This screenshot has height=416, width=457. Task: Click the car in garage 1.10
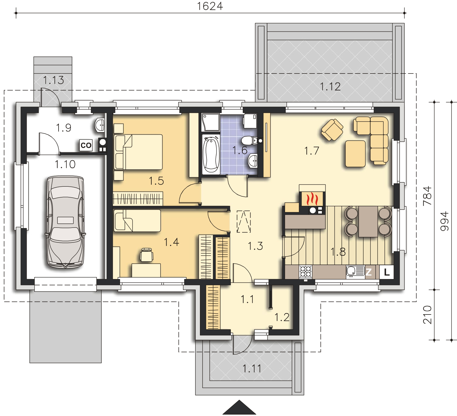(x=65, y=222)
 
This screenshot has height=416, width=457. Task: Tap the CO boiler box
(x=86, y=146)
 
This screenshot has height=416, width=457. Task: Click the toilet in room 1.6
(x=248, y=141)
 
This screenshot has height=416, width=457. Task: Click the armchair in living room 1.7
(x=332, y=130)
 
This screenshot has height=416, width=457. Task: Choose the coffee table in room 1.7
(x=355, y=154)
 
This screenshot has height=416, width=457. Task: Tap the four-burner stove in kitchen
(x=306, y=272)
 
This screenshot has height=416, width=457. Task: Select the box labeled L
(x=387, y=272)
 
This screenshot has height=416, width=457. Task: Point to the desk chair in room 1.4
(x=147, y=254)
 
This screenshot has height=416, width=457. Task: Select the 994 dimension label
(x=445, y=221)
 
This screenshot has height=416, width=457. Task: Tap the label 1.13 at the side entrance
(x=53, y=80)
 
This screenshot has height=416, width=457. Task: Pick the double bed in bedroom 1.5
(x=138, y=152)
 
